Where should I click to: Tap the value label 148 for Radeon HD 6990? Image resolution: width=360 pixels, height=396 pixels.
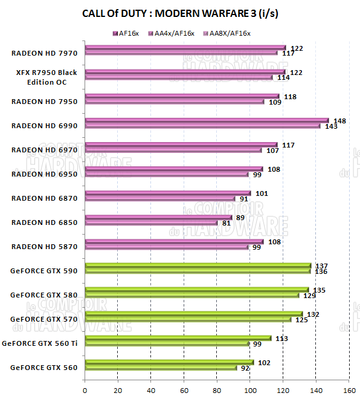339,121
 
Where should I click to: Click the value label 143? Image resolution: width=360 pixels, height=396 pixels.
332,126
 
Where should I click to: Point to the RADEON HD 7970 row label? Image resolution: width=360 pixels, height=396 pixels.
44,53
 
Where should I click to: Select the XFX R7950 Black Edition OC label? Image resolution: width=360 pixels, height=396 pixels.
47,77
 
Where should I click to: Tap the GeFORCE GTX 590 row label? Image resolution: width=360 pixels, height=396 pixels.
44,270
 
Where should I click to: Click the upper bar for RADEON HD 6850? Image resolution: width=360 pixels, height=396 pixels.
158,218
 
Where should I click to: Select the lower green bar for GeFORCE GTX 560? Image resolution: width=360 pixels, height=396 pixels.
161,368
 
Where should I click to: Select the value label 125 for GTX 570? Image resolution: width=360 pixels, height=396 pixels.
302,320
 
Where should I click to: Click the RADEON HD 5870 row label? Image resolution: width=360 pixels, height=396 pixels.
44,246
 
